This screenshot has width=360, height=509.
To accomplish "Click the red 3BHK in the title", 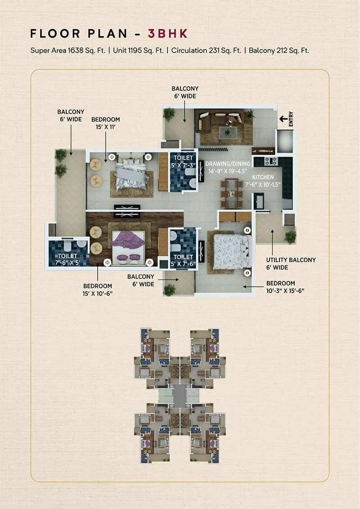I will [168, 34].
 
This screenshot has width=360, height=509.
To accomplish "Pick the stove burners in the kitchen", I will [270, 161].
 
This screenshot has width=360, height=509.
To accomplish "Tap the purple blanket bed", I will [128, 245].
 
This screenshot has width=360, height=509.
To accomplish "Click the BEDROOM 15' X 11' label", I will [106, 123].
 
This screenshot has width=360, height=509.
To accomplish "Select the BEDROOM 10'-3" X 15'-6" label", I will [281, 287].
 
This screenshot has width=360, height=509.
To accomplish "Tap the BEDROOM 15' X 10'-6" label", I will [98, 289].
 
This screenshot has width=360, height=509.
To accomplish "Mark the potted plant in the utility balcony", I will [291, 236].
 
